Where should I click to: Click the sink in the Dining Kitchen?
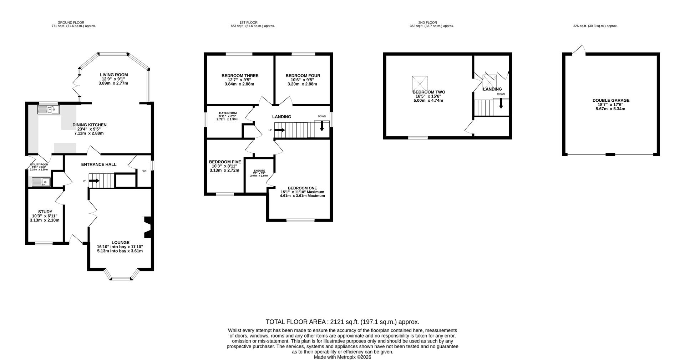pos(49,110)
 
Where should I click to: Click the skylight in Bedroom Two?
pos(420,83)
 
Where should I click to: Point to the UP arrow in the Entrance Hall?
pos(94,181)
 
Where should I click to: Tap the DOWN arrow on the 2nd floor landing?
pos(501,103)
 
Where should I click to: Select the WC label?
pos(144,171)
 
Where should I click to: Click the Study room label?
pos(45,212)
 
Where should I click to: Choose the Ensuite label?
pos(259,171)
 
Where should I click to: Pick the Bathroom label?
pos(228,113)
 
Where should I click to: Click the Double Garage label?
pos(611,101)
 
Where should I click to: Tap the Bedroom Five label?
pos(225,162)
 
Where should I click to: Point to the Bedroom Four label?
pos(303,76)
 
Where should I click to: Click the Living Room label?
pos(114,75)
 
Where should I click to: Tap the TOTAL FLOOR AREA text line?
pos(342,322)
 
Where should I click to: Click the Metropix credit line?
pos(342,357)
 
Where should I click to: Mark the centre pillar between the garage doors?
pos(610,154)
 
